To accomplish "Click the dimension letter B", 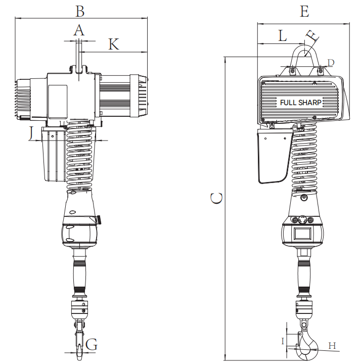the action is pos(80,11).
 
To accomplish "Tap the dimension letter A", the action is pos(79,30).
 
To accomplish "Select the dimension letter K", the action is pos(114,44).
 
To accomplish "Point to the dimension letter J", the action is pos(31,133).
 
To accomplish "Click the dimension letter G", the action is pos(92,344).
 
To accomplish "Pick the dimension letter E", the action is pos(304,11).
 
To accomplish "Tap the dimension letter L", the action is pos(282,35).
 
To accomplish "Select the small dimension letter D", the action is pos(331,63).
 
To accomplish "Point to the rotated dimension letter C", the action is pos(216,198).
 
